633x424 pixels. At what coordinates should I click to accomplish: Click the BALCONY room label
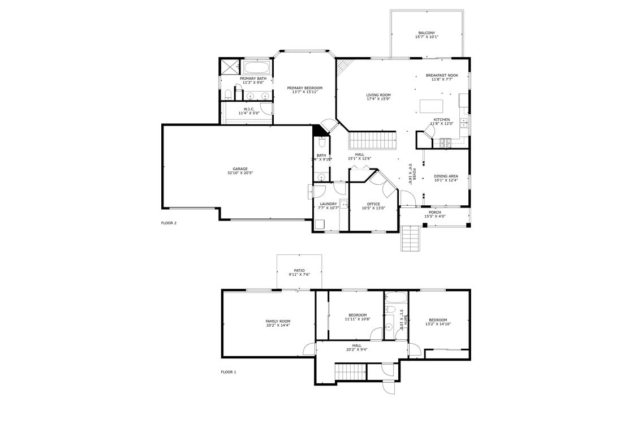click(427, 33)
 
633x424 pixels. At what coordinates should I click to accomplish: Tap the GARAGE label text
click(240, 168)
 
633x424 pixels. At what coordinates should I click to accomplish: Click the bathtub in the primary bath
click(256, 68)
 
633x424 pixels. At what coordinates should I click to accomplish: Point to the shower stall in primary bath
click(230, 67)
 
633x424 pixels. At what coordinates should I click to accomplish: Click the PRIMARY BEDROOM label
click(304, 88)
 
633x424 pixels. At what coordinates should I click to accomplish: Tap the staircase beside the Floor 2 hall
click(372, 139)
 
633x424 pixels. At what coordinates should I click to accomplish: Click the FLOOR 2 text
click(169, 223)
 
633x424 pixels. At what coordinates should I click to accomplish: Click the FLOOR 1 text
click(229, 372)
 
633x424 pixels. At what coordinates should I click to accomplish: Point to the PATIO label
click(299, 270)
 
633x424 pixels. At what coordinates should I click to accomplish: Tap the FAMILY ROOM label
click(278, 321)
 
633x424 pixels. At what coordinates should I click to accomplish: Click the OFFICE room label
click(373, 204)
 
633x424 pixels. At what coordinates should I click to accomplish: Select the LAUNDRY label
click(328, 204)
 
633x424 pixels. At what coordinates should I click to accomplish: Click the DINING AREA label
click(446, 176)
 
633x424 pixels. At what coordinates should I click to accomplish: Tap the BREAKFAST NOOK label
click(442, 75)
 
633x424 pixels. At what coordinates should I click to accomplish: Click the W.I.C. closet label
click(248, 109)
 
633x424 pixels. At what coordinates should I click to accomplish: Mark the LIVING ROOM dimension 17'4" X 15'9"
click(378, 99)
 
